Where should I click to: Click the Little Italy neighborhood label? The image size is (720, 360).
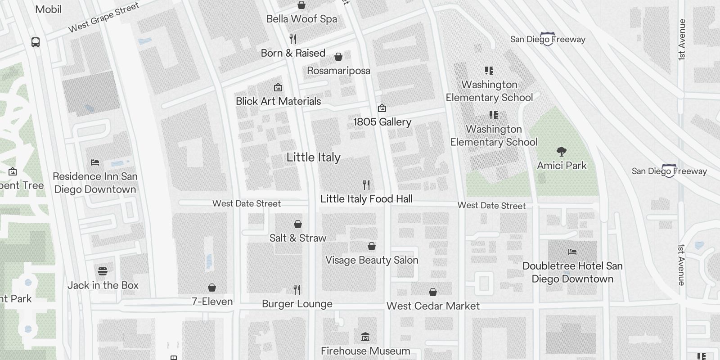[313, 157]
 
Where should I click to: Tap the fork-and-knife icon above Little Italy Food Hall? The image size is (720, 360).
[366, 184]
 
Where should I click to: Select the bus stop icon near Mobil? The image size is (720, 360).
[36, 42]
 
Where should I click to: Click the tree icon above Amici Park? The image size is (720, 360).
[561, 151]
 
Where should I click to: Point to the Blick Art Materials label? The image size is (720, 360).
[278, 101]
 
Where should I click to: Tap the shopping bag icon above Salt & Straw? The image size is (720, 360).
[297, 224]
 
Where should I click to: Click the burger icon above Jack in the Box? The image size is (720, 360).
[103, 271]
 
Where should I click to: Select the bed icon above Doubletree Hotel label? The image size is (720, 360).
[572, 252]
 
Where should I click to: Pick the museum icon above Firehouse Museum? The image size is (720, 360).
[365, 337]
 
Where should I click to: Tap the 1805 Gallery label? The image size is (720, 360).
[382, 122]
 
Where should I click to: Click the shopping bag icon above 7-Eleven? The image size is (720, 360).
[212, 288]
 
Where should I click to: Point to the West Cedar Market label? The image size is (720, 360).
[433, 306]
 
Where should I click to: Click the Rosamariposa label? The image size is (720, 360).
[338, 71]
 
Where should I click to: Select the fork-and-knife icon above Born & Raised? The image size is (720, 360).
[293, 39]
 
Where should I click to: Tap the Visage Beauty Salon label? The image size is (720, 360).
[372, 260]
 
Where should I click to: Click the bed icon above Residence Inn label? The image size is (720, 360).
[94, 162]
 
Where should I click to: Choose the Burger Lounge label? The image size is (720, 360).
[297, 304]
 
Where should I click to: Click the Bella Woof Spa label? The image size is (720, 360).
[301, 19]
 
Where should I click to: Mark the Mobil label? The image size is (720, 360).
[48, 9]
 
